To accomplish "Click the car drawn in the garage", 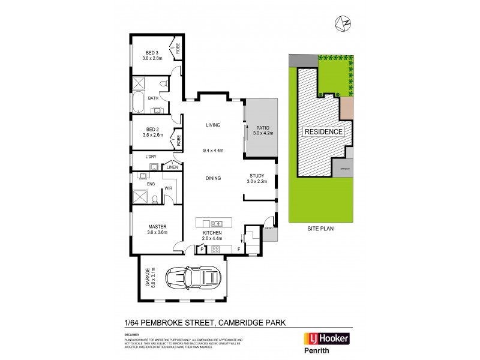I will (x=196, y=278).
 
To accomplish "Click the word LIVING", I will (x=214, y=125).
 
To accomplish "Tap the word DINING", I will (x=214, y=178).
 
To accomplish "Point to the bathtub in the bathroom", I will (x=138, y=102).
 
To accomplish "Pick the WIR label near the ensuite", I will (x=169, y=188).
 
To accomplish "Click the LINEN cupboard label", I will (x=172, y=167).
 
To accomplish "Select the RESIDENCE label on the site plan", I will (x=323, y=132).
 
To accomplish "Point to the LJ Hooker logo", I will (x=328, y=338).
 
